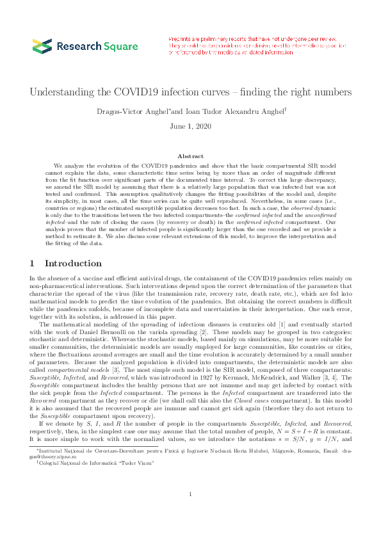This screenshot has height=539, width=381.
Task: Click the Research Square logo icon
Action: pos(42,46)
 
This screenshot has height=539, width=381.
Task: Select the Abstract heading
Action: pos(190,156)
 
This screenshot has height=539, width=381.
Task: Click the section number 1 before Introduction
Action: pos(33,263)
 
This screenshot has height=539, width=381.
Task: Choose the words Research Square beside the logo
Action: pos(97,46)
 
